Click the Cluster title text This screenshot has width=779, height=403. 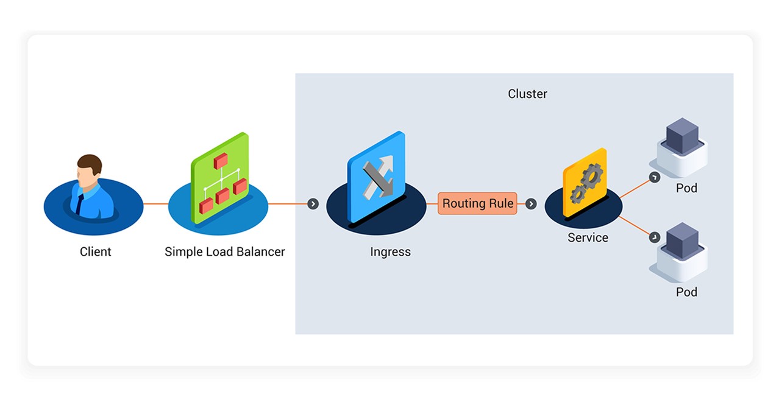coord(527,94)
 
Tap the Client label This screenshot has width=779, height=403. coord(96,251)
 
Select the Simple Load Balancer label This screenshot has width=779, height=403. coord(224,251)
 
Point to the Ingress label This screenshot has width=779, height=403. coord(390,251)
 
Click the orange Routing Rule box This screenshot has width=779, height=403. coord(477,203)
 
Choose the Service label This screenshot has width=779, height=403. coord(588,237)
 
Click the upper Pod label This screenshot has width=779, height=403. coord(686,188)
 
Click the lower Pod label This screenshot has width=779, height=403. coord(686,292)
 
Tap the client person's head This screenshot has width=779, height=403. coord(89,168)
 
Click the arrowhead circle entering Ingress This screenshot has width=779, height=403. coord(313,204)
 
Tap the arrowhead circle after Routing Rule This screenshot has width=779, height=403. coord(531,204)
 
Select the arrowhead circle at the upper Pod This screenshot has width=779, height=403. coord(654,177)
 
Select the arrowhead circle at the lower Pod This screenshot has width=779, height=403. coord(654,237)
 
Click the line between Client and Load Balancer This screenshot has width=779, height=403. coord(155,204)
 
